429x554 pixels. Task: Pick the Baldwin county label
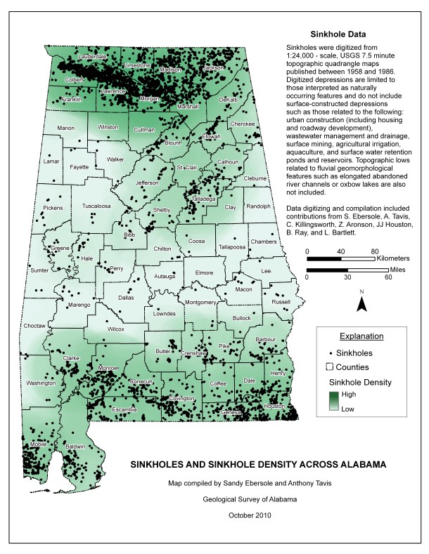pos(75,447)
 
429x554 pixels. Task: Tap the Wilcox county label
pos(116,329)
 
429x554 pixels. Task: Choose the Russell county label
pos(281,302)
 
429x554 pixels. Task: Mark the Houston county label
pos(274,406)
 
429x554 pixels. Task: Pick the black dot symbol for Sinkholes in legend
pos(331,353)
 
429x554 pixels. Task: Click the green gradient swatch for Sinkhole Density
pos(333,400)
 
